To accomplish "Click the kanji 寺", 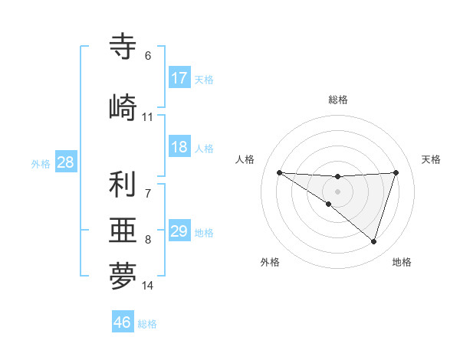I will coord(123,47).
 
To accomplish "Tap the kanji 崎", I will coord(123,107).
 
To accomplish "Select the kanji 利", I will coord(123,185).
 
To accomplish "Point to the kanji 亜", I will coord(123,231).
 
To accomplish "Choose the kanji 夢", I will coord(123,277).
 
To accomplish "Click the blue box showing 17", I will coord(179,78).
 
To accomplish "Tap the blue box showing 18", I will coord(179,147).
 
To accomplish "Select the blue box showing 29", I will coord(179,231).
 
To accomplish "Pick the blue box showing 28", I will coord(64,162).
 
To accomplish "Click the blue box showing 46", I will coord(123,322).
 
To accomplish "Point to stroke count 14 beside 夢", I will coord(148,286).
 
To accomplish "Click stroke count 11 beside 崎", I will coord(147,117).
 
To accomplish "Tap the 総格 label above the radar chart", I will coord(337,100).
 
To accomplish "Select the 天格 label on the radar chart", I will coord(431,159).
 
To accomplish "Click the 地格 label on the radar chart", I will coord(402,262).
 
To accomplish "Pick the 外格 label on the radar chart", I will coord(270,262).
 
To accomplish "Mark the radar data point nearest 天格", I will coord(396,172).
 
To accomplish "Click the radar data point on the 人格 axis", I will coord(279,172).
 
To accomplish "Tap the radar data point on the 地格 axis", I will coord(374,241).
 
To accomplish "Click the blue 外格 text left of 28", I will coord(40,163).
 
